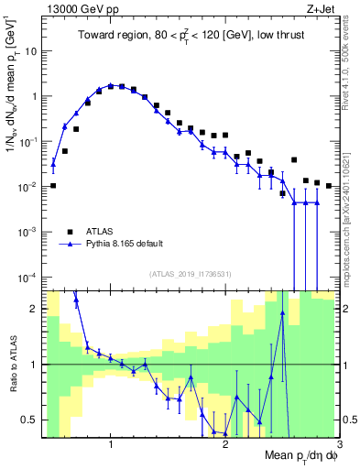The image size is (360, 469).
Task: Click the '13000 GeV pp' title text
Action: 84,9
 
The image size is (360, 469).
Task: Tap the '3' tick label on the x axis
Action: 340,444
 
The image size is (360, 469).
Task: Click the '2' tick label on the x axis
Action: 225,444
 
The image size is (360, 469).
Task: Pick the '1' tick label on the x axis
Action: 111,444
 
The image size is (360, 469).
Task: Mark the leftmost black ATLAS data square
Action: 53,186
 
